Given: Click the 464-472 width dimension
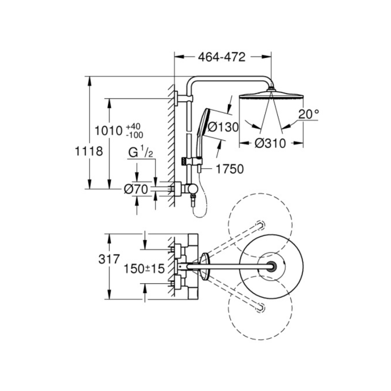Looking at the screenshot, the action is pos(221,57).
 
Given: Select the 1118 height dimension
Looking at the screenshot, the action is pos(89,152).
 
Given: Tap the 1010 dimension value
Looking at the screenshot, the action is pos(109,131).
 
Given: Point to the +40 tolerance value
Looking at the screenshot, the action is pos(133,126).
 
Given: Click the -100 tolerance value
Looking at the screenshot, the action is pos(135,135).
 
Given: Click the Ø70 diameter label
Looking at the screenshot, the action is pos(136,190).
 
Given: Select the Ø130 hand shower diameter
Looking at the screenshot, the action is pos(223,127).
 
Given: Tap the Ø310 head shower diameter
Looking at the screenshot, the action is pos(270,144).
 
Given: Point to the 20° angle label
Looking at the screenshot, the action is pos(309,114).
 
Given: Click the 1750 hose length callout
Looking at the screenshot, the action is pos(230,169).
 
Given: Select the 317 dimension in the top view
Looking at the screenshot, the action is pos(109,259).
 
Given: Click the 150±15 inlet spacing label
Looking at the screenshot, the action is pos(144,269).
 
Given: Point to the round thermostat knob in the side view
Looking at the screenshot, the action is pos(192,189).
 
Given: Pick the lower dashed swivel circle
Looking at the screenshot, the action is pos(260,308).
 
